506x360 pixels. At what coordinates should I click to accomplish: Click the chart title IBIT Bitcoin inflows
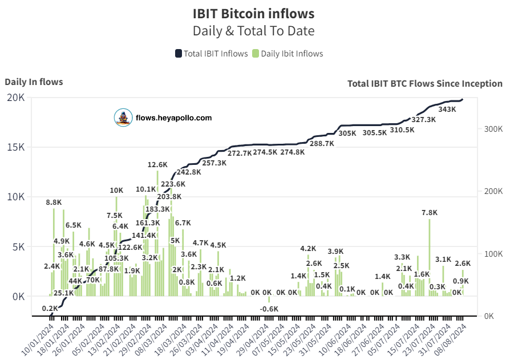click(x=253, y=13)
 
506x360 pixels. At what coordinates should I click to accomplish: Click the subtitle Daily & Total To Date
click(x=253, y=31)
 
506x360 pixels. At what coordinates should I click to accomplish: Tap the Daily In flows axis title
click(x=34, y=82)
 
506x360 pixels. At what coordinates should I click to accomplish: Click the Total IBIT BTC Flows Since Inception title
click(x=424, y=83)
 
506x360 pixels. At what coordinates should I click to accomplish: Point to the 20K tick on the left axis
click(x=15, y=98)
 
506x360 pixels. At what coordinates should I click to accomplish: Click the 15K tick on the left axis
click(x=15, y=147)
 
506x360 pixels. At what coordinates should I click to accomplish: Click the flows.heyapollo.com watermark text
click(x=173, y=118)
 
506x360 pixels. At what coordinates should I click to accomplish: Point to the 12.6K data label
click(x=157, y=165)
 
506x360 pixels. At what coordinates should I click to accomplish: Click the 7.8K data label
click(x=429, y=213)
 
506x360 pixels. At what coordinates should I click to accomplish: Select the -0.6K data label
click(x=269, y=309)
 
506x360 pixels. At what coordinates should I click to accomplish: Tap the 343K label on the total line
click(x=447, y=110)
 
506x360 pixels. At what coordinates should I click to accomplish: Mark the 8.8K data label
click(x=54, y=203)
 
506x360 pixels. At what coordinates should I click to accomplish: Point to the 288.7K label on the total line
click(x=322, y=144)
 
